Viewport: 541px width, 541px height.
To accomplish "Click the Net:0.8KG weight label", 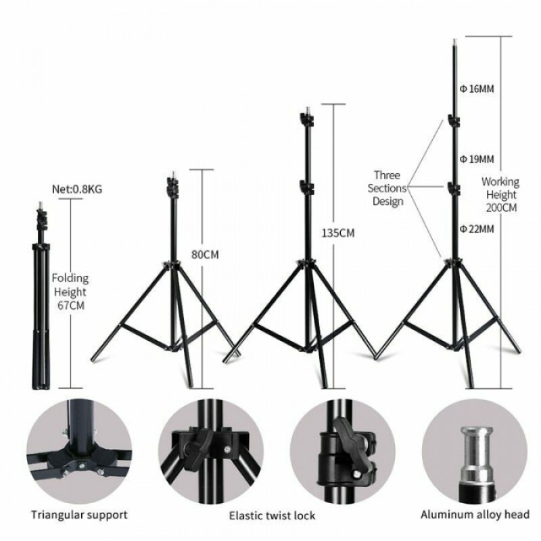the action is click(x=77, y=189).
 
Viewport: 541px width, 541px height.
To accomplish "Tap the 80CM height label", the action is click(x=205, y=255).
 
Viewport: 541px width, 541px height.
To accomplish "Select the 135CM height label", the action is click(x=338, y=233).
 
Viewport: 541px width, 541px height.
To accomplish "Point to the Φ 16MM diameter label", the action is click(x=477, y=89).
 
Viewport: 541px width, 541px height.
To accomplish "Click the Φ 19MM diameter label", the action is click(x=477, y=159).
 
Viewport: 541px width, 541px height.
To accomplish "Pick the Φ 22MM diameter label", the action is click(x=477, y=229).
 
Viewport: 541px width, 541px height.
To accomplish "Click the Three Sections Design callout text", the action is click(x=387, y=188).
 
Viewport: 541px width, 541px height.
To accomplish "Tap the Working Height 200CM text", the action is click(x=500, y=195).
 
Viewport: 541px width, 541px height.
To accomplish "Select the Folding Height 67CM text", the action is click(x=70, y=292).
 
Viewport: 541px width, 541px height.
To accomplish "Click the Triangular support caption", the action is click(x=79, y=515).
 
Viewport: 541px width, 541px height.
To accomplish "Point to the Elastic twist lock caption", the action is click(x=273, y=516).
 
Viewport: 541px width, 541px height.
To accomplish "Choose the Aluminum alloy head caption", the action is click(x=475, y=515).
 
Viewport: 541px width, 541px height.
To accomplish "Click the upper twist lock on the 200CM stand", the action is click(x=454, y=120).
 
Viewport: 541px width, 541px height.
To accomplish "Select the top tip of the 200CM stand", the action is click(x=454, y=41).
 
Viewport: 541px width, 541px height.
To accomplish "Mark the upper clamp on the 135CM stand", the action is click(x=307, y=119).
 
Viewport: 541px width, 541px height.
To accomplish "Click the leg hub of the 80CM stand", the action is click(x=171, y=264).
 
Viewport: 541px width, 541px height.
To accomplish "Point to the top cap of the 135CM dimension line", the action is click(x=333, y=104).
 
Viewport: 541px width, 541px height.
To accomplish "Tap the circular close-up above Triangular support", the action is click(x=79, y=452).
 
